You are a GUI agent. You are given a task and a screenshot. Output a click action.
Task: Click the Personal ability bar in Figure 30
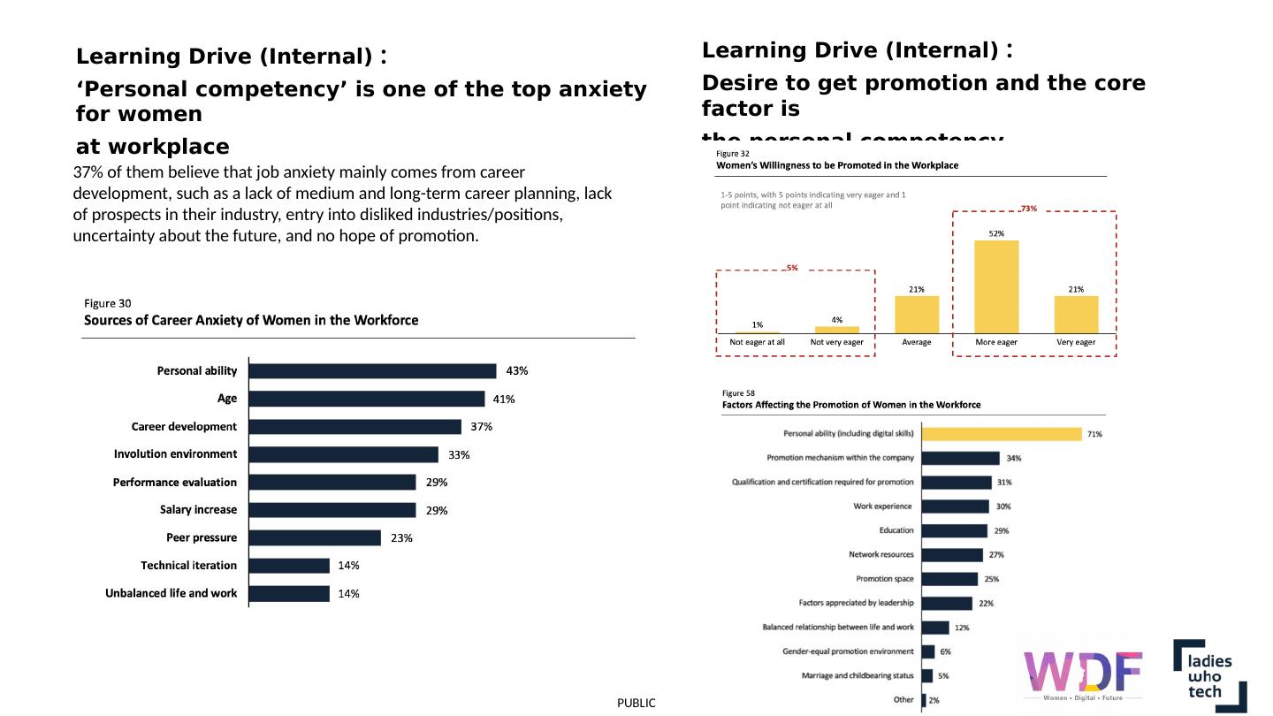tap(372, 371)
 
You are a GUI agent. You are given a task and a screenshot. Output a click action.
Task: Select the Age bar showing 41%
tap(367, 399)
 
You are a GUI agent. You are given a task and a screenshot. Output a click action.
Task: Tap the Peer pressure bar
tap(315, 537)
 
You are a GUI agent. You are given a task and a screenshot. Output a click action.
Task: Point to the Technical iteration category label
tap(188, 566)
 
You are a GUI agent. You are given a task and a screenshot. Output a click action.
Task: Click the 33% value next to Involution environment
tap(459, 455)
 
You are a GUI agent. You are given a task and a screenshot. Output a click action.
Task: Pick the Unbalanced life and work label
tap(171, 593)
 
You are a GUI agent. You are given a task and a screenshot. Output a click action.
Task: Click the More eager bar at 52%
tap(996, 286)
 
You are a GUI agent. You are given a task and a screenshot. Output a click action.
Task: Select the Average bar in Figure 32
tap(917, 314)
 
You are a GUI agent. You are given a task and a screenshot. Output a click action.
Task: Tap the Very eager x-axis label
tap(1076, 342)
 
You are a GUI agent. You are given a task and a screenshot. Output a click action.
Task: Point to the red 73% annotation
tap(1028, 209)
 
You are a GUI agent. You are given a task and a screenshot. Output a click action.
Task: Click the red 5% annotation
tap(792, 267)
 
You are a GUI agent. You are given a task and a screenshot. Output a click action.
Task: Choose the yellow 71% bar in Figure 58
tap(1002, 434)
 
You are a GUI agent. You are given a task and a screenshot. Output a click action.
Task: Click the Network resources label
tap(880, 555)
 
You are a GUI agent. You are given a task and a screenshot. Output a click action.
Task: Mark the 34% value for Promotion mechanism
tap(1014, 458)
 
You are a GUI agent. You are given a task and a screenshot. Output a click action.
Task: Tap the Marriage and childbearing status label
tap(858, 676)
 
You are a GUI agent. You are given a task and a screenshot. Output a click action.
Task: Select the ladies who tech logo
tap(1209, 675)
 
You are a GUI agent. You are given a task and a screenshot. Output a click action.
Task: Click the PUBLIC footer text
tap(636, 703)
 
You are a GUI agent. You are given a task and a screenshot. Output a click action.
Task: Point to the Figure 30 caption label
tap(107, 303)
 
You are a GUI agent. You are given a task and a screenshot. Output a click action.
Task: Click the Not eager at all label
tap(757, 342)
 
